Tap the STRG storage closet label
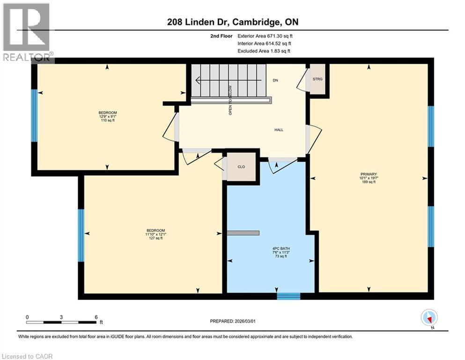[318, 79]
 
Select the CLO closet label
[241, 166]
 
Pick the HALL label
[279, 130]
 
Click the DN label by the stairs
[275, 81]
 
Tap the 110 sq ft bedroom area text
[107, 120]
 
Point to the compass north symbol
[429, 318]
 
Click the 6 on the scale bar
[96, 317]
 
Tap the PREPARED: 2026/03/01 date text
[232, 321]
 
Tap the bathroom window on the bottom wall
[288, 296]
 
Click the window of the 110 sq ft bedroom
[34, 115]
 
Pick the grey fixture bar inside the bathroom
[243, 233]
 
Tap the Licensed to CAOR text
[27, 356]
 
